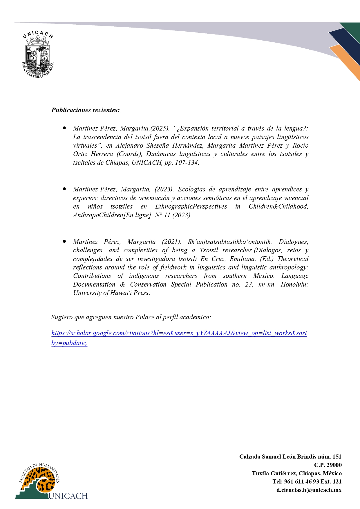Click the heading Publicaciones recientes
(86, 110)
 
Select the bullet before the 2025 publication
(64, 128)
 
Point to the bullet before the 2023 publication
(64, 189)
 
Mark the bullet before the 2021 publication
(64, 241)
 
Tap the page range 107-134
(187, 163)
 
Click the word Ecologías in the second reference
(192, 189)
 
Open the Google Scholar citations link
(179, 333)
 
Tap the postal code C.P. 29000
(328, 465)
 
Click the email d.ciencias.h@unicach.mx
(309, 490)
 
